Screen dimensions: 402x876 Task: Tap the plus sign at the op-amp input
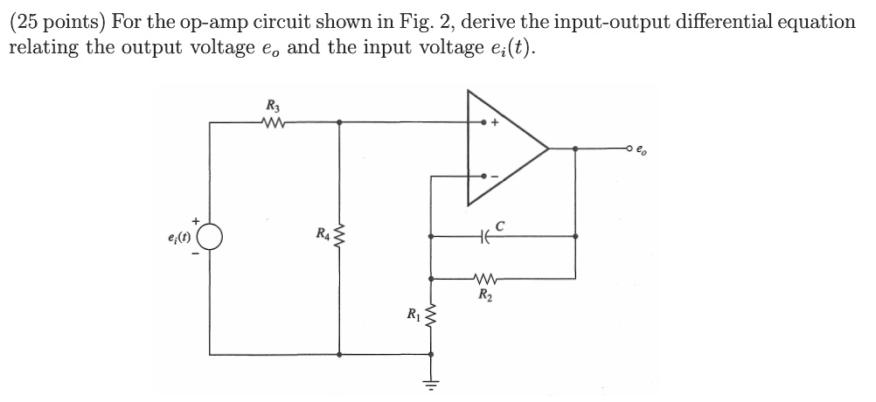pos(494,124)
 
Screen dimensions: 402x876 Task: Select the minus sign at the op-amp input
pos(494,176)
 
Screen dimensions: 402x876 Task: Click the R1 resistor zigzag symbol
pos(429,312)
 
